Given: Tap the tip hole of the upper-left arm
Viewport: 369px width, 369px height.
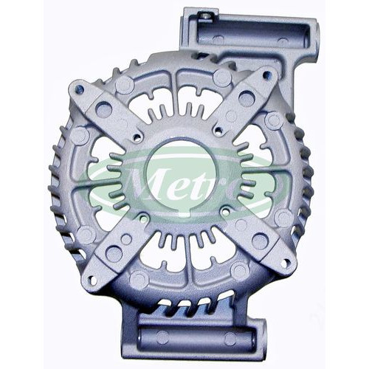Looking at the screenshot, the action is coord(80,89).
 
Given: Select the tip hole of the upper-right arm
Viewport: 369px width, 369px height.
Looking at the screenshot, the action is coord(266,74).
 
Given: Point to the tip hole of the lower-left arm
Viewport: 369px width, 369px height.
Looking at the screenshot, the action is coord(93,279).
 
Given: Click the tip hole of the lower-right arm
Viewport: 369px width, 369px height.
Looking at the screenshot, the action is coord(284,263).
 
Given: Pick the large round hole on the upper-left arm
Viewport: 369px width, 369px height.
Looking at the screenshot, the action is coord(103,109).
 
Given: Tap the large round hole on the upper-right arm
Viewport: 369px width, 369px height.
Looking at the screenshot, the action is coord(246,98).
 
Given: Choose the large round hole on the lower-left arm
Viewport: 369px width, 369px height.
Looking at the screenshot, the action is coord(114,253).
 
